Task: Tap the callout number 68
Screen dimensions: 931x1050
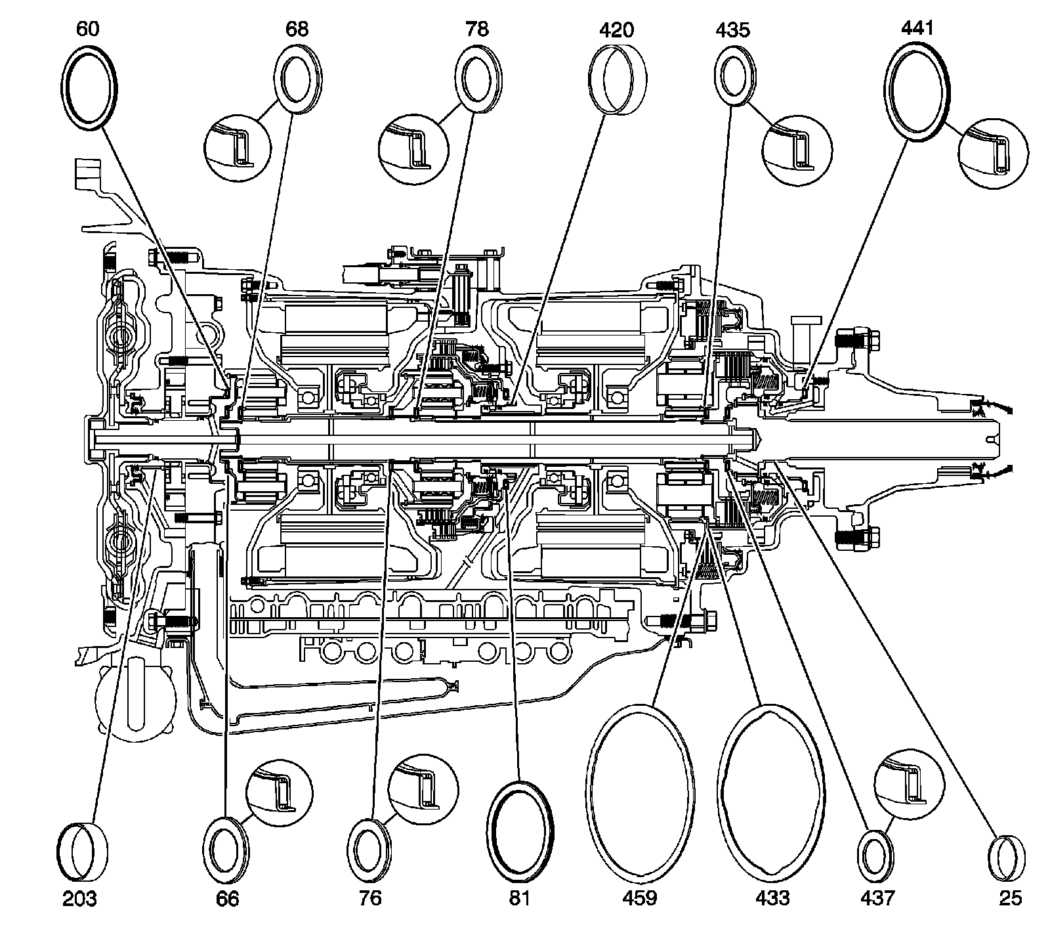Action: pyautogui.click(x=297, y=30)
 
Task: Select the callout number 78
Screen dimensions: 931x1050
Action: pyautogui.click(x=477, y=30)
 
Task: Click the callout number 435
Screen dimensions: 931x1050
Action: pyautogui.click(x=733, y=30)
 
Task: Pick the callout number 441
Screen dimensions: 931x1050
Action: pyautogui.click(x=917, y=28)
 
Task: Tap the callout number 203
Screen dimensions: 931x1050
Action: pyautogui.click(x=80, y=898)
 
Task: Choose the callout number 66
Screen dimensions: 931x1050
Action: pyautogui.click(x=227, y=898)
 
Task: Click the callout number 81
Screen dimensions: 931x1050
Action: pyautogui.click(x=519, y=898)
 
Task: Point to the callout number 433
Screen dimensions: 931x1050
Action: pyautogui.click(x=772, y=898)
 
